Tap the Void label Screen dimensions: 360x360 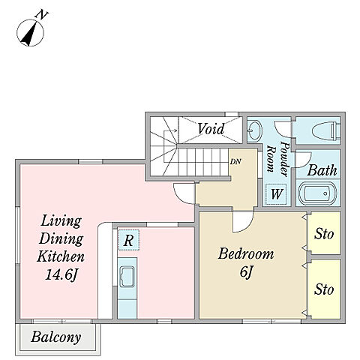[211, 129]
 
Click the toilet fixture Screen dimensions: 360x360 [326, 130]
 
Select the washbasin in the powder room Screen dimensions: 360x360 [255, 130]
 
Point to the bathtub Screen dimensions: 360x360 [317, 193]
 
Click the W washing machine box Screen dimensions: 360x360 [276, 194]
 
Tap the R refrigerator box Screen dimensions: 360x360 [128, 240]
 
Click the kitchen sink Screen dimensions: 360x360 [127, 277]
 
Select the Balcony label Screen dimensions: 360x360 [56, 337]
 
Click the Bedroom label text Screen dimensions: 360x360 [246, 253]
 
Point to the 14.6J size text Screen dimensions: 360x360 [61, 275]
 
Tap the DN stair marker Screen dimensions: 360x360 [235, 162]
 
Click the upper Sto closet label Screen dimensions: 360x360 [324, 234]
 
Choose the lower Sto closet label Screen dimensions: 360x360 [324, 289]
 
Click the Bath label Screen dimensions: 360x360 [322, 170]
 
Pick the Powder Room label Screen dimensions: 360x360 [277, 160]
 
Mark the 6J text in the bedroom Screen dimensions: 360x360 [245, 272]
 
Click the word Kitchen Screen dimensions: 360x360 [61, 256]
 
